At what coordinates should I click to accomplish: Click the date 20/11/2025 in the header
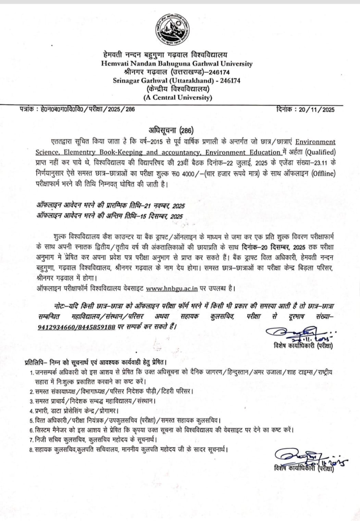pyautogui.click(x=316, y=110)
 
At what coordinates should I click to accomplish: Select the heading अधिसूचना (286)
pyautogui.click(x=171, y=130)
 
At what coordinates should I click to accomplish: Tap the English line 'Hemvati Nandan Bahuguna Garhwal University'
pyautogui.click(x=177, y=64)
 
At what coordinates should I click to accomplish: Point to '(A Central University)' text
pyautogui.click(x=177, y=97)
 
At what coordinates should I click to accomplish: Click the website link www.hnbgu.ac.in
pyautogui.click(x=172, y=288)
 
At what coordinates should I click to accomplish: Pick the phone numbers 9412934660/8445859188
pyautogui.click(x=76, y=327)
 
